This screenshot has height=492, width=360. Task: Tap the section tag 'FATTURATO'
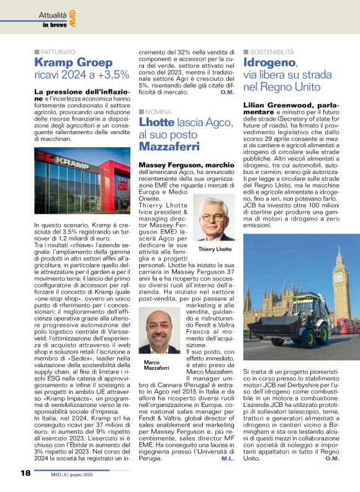point(58,52)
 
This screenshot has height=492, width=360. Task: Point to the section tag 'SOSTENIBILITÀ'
point(272,52)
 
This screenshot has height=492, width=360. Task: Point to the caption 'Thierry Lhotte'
point(214,249)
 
